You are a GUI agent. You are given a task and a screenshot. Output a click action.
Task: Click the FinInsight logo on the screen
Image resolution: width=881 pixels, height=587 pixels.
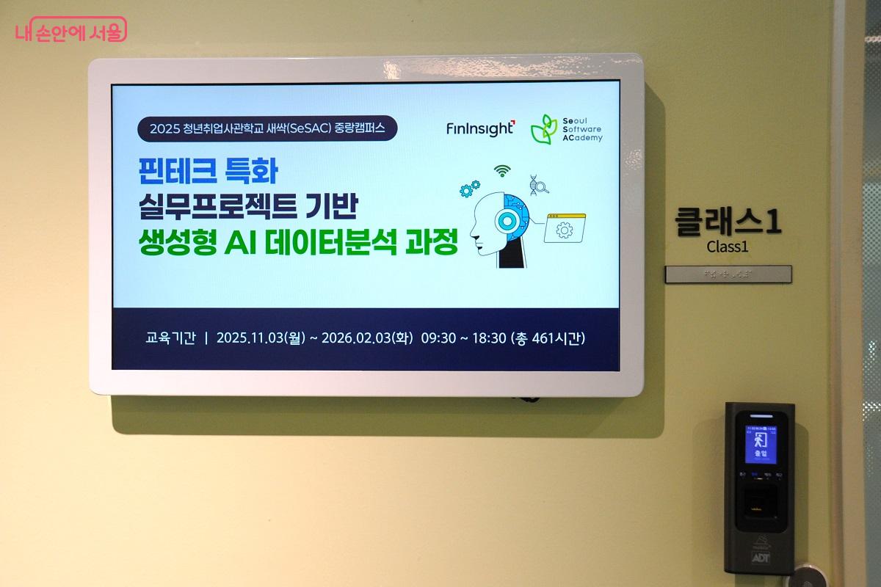pyautogui.click(x=480, y=128)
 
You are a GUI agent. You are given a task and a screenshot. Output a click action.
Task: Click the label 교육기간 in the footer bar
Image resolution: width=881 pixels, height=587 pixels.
pyautogui.click(x=170, y=338)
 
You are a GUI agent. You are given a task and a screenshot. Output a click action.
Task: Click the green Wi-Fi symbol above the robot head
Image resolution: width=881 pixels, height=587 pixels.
pyautogui.click(x=502, y=170)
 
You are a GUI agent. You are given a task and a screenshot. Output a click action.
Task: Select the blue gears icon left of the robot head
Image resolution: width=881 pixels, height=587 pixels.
pyautogui.click(x=469, y=189)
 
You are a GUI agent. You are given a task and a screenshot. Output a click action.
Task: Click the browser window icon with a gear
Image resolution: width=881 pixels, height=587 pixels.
pyautogui.click(x=564, y=228)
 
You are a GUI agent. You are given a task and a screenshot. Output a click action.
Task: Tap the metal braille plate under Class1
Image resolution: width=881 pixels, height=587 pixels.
pyautogui.click(x=728, y=274)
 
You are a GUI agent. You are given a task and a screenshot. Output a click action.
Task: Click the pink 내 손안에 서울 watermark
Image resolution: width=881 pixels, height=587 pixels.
pyautogui.click(x=70, y=30)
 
